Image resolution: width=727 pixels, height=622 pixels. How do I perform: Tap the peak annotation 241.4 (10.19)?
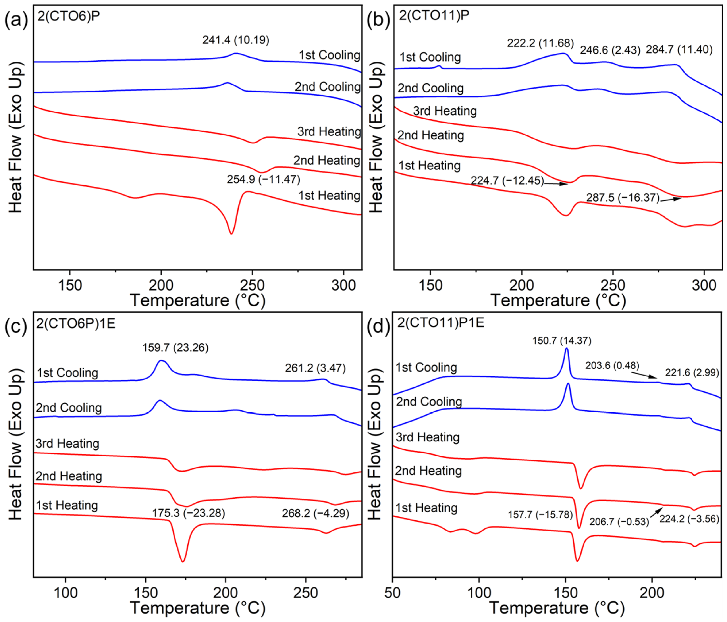coord(236,40)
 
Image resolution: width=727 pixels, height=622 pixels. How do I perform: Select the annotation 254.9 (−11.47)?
coord(264,180)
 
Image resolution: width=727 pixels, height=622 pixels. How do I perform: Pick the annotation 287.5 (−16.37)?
coord(623,198)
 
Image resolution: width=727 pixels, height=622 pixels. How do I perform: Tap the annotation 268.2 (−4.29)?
coord(315,514)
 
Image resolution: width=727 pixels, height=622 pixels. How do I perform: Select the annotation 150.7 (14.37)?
coord(562,341)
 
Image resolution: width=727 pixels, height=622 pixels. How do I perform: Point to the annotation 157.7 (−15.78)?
coord(540,515)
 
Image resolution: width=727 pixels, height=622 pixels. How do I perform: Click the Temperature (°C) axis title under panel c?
coord(198,608)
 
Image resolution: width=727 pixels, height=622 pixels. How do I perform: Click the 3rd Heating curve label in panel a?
coord(329,132)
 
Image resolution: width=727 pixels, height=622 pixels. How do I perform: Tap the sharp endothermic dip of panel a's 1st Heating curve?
coord(231,233)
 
